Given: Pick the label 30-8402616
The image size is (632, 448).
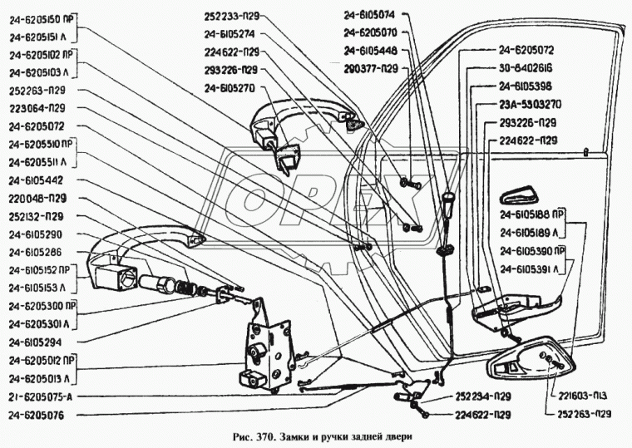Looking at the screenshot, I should pyautogui.click(x=532, y=68).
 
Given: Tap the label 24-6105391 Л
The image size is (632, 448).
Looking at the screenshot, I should pyautogui.click(x=533, y=268).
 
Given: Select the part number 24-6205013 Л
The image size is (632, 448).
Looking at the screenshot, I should pyautogui.click(x=46, y=378).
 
